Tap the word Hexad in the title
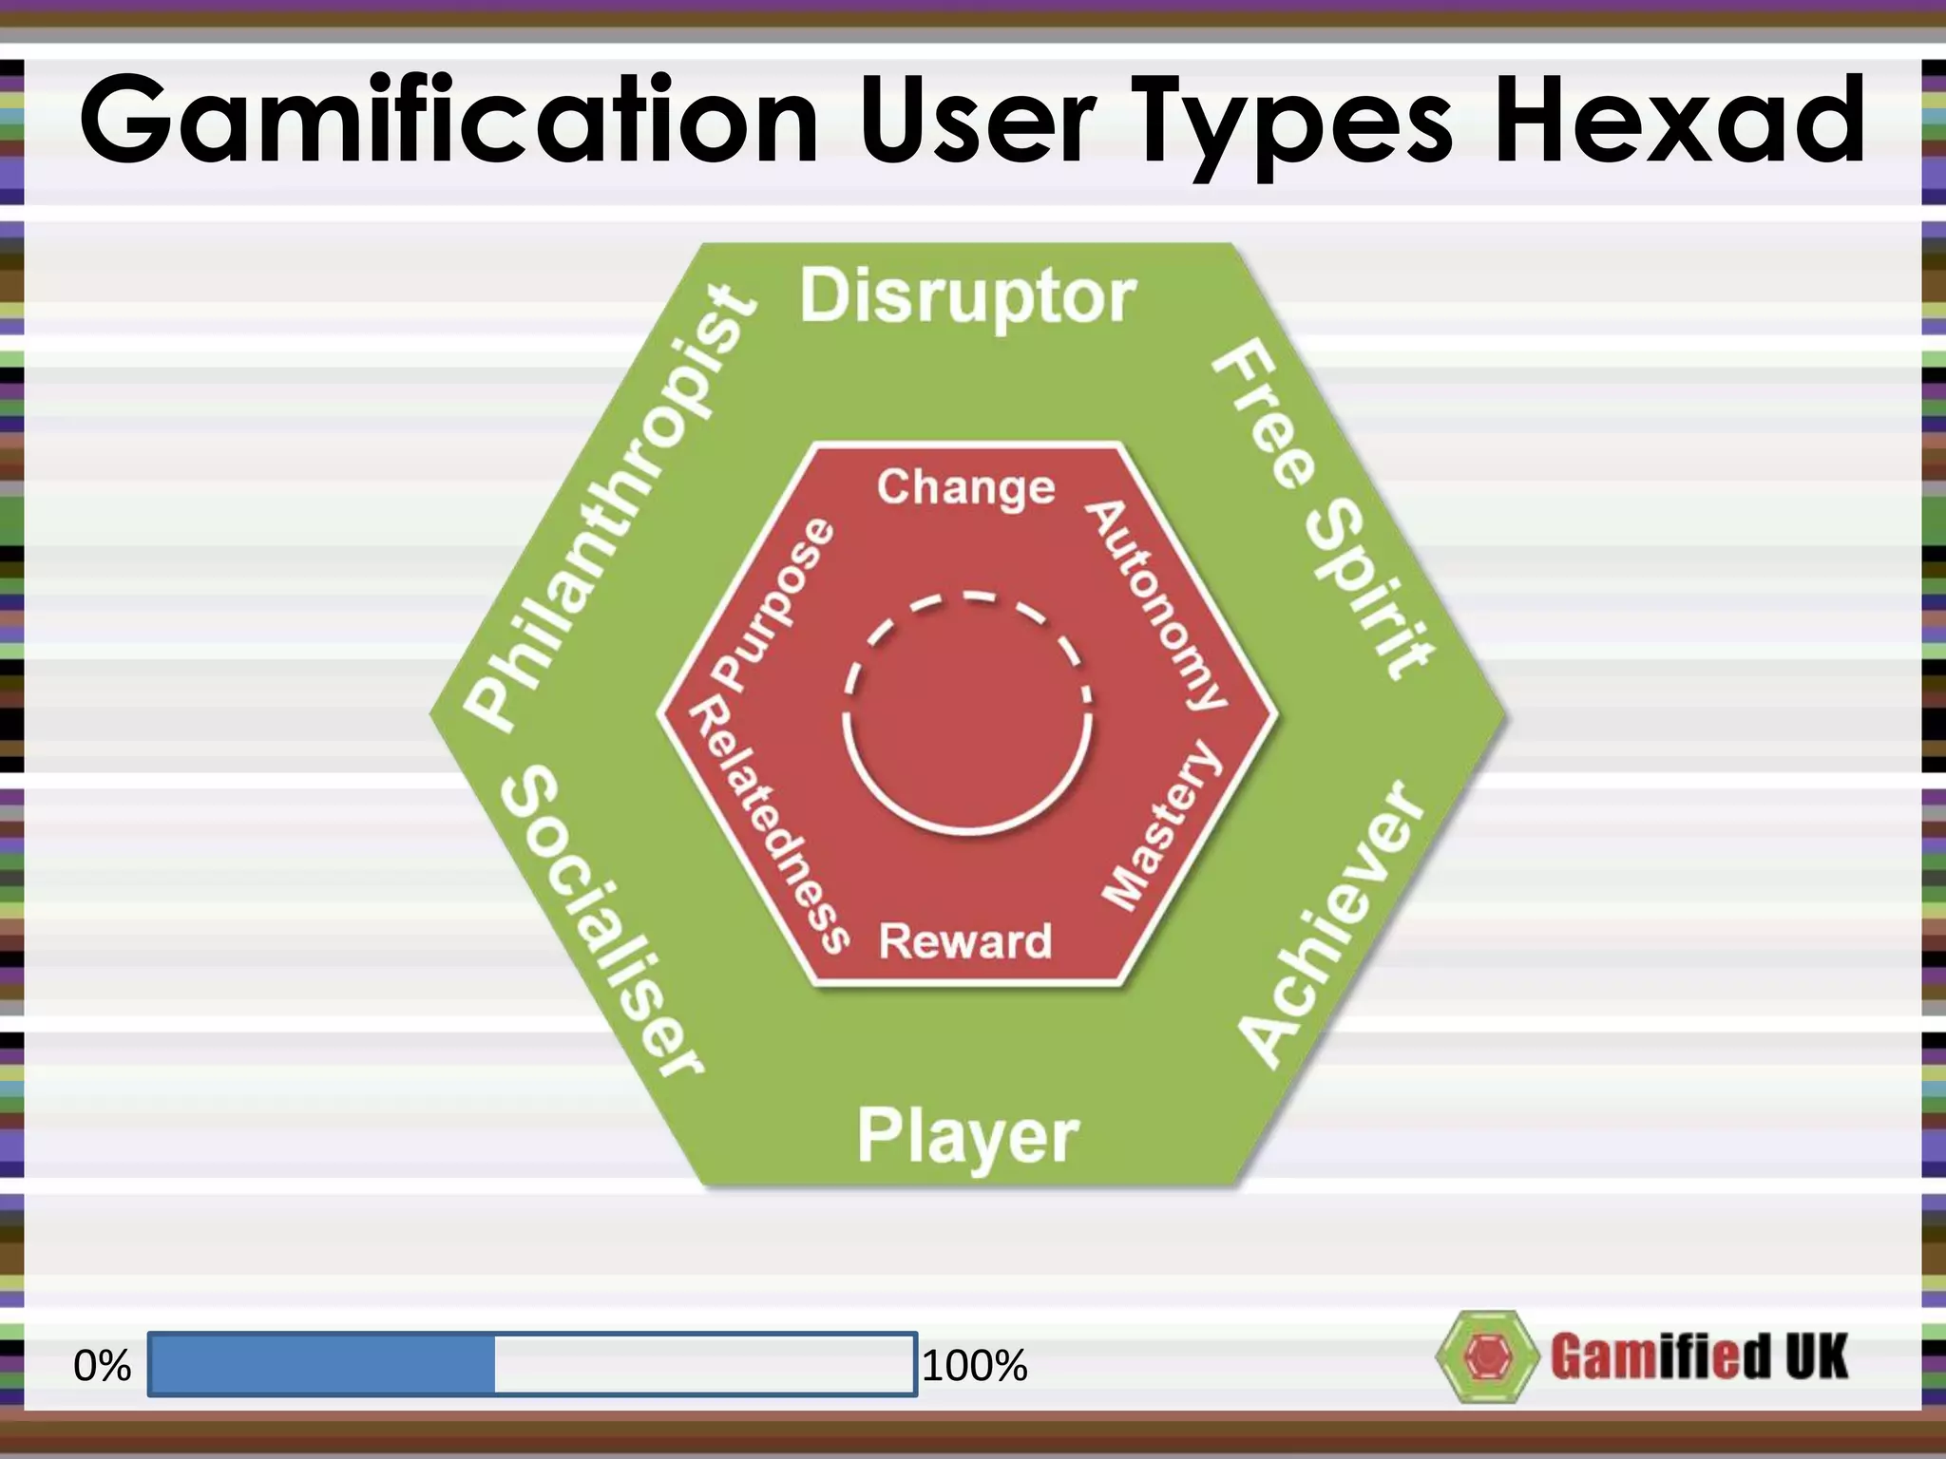(x=1680, y=122)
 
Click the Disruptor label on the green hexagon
(x=967, y=296)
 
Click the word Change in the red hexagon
(x=965, y=488)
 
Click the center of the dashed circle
(x=967, y=714)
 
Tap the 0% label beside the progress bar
(x=102, y=1366)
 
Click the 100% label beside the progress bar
(x=975, y=1366)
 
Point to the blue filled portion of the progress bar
(x=322, y=1364)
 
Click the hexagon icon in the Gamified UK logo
(x=1485, y=1356)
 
